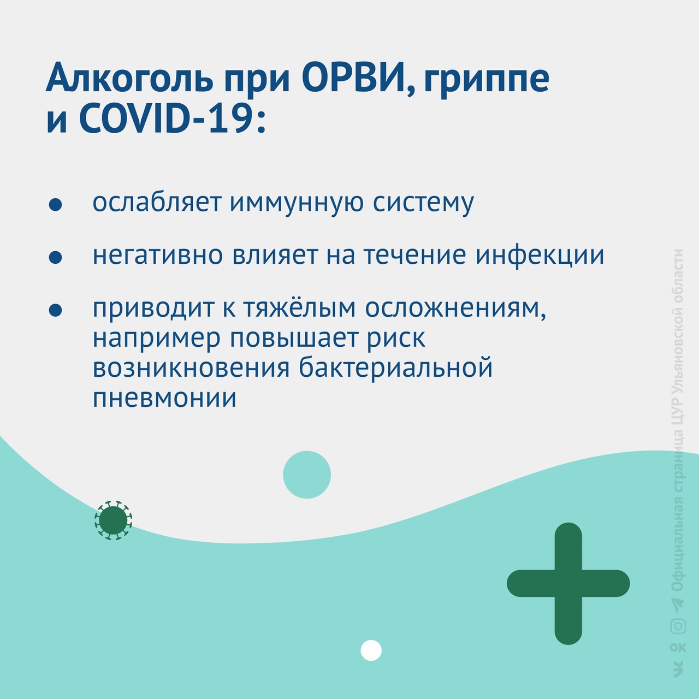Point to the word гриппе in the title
click(485, 84)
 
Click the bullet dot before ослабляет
click(55, 205)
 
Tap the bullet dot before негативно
click(55, 257)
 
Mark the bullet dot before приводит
click(55, 310)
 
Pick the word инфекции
click(540, 257)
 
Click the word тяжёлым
click(299, 309)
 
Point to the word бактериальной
click(396, 368)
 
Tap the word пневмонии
click(165, 398)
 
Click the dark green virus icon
click(113, 520)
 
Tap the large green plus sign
click(568, 583)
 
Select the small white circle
click(371, 650)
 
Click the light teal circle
click(307, 475)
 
